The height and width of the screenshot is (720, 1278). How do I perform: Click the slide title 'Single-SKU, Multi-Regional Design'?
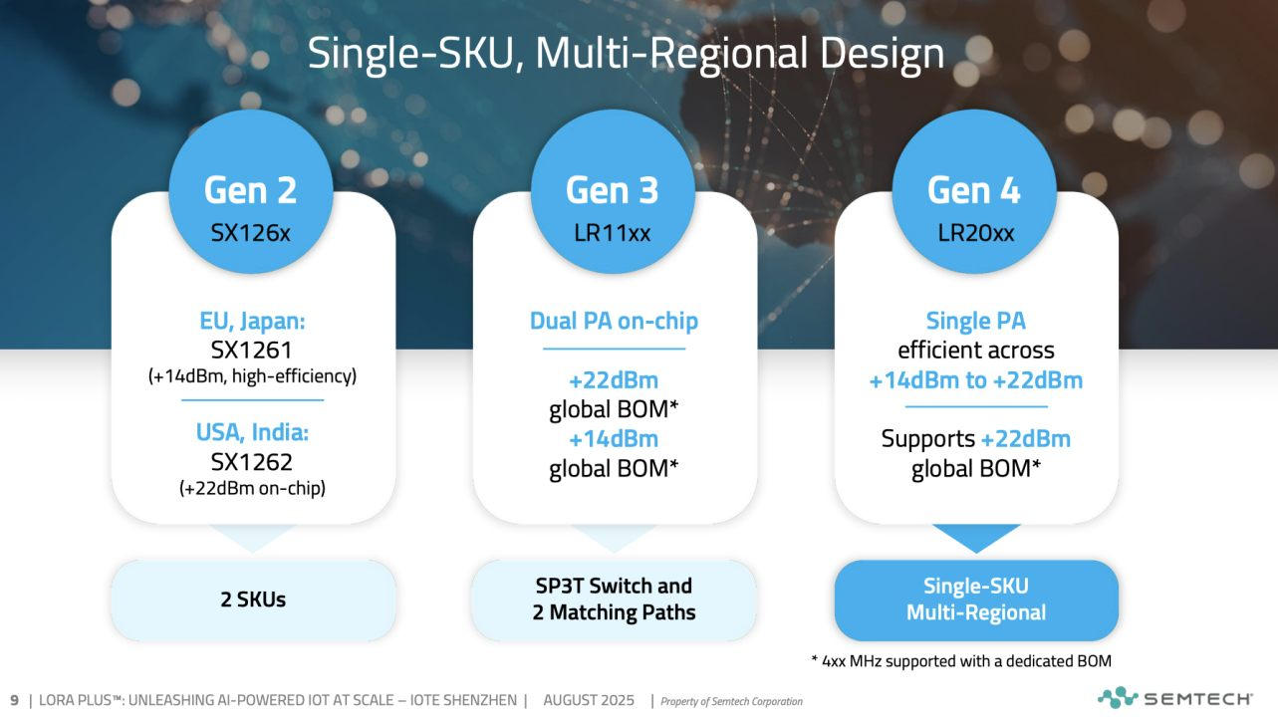click(626, 54)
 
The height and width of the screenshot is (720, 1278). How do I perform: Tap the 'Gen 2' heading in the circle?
click(250, 190)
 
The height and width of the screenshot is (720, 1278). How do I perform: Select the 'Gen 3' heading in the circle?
click(613, 190)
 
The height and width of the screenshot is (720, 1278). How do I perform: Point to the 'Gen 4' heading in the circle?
click(974, 190)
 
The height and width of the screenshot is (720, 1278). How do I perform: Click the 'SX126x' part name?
click(250, 233)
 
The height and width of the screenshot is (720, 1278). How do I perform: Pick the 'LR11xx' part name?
click(613, 233)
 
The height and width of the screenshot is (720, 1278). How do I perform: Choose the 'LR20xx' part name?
click(976, 233)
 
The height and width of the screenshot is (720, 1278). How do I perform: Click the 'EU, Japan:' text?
click(252, 322)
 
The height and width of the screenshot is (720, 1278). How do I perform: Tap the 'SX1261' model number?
click(252, 350)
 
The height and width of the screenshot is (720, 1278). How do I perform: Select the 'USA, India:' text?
click(252, 432)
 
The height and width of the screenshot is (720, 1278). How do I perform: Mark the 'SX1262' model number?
click(252, 461)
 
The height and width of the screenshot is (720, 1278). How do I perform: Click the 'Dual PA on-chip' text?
click(614, 322)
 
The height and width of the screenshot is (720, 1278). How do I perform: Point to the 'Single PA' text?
click(975, 322)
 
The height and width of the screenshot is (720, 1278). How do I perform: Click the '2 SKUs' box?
click(253, 600)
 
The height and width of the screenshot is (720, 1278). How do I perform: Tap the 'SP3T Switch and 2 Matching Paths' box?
click(614, 600)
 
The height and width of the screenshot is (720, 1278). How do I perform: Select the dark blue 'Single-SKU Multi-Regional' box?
click(976, 600)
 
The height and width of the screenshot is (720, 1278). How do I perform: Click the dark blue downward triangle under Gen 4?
click(976, 535)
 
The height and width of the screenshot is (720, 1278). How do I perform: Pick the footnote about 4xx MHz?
click(961, 661)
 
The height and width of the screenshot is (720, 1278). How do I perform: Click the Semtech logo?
click(1175, 698)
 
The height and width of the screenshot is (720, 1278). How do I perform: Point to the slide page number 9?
click(14, 700)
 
